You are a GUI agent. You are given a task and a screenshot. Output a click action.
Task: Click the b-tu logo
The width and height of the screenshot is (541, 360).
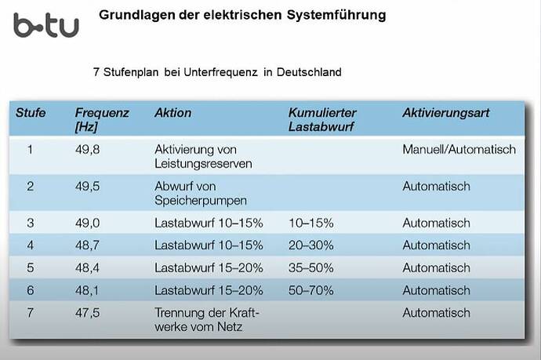[45, 25]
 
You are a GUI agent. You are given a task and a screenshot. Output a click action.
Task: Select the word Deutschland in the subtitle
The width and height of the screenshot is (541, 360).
[302, 72]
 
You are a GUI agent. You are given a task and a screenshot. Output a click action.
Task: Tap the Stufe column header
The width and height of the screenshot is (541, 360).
[31, 113]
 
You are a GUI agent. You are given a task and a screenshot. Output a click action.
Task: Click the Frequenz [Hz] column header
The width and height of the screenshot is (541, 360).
[102, 119]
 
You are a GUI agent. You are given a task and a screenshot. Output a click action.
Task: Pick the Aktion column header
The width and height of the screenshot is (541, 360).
[172, 113]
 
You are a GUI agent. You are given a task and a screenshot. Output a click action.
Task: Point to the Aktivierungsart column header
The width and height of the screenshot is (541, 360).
[445, 113]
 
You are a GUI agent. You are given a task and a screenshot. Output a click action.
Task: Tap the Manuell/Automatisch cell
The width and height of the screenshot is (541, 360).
[459, 149]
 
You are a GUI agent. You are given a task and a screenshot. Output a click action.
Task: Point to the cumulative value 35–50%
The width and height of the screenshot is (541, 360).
[311, 267]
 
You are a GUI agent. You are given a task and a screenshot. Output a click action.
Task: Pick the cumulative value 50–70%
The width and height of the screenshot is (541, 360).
[311, 290]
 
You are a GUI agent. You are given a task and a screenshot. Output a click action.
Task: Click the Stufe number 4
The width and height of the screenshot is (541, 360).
[31, 245]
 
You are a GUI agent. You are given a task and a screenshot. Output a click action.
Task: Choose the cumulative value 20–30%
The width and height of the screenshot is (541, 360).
[311, 245]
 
